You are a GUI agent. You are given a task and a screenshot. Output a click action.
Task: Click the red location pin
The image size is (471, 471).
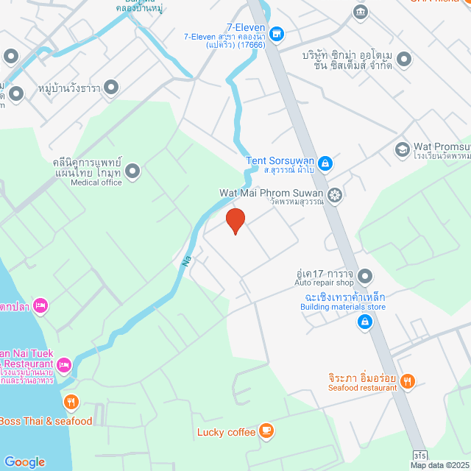(235, 220)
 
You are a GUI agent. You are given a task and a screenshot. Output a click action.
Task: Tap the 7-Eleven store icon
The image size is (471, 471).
(276, 34)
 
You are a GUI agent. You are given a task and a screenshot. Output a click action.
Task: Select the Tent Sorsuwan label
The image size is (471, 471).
(280, 162)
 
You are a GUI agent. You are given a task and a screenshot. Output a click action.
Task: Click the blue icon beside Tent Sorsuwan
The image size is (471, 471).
(325, 163)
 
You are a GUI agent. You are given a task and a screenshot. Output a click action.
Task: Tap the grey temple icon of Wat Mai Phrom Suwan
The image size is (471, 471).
(335, 195)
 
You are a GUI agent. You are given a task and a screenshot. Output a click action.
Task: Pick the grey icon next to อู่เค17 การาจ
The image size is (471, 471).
(366, 277)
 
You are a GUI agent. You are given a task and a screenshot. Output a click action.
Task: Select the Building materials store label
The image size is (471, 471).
(342, 307)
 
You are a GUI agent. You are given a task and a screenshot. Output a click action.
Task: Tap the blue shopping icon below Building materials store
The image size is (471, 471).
(364, 322)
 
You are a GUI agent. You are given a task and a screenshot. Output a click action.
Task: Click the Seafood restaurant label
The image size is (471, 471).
(362, 388)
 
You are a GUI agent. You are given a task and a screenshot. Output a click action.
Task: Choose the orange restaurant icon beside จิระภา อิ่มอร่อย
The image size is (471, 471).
(408, 380)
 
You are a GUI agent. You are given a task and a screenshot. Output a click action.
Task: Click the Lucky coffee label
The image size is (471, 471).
(226, 432)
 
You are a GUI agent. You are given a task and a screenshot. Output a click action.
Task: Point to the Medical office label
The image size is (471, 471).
(96, 183)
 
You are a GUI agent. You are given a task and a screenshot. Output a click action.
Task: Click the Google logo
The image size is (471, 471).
(24, 461)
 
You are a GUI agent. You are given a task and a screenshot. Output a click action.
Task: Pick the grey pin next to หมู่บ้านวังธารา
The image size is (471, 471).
(111, 88)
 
